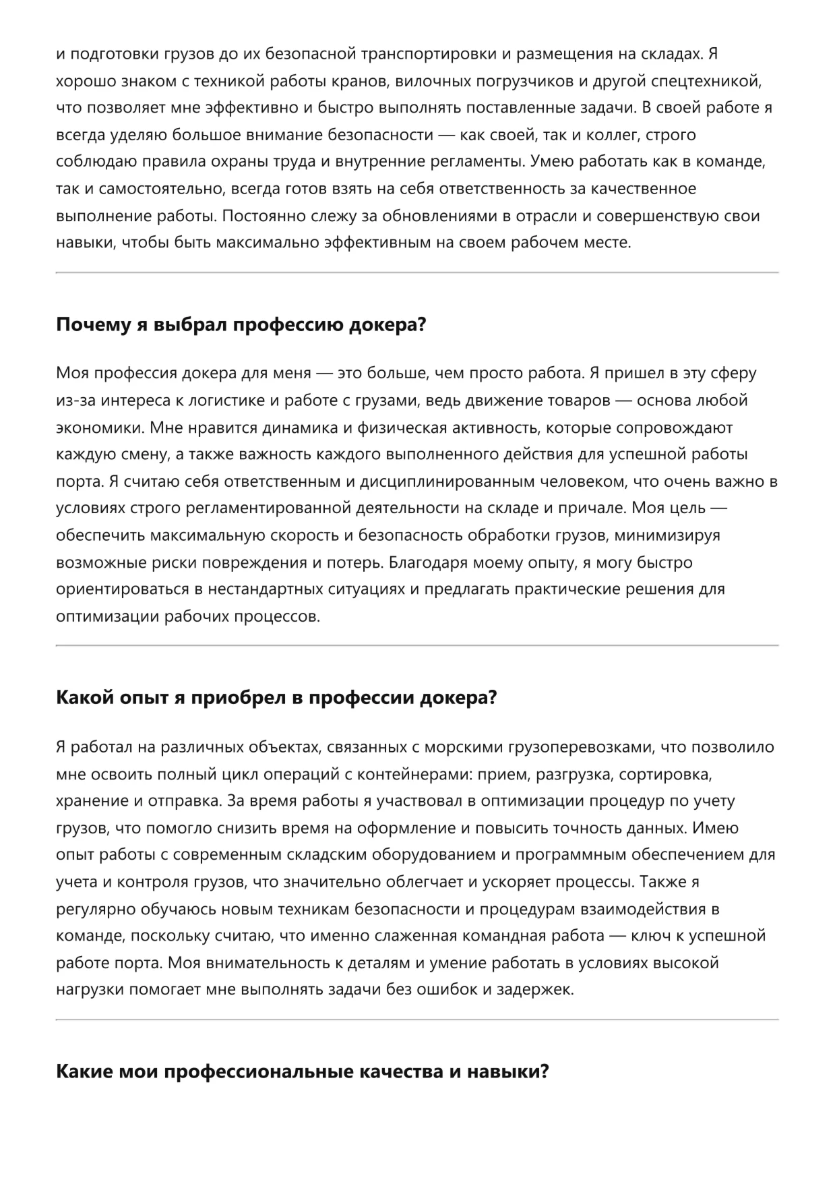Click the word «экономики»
click(100, 427)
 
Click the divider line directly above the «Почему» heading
click(417, 272)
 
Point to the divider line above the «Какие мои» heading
click(417, 1019)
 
